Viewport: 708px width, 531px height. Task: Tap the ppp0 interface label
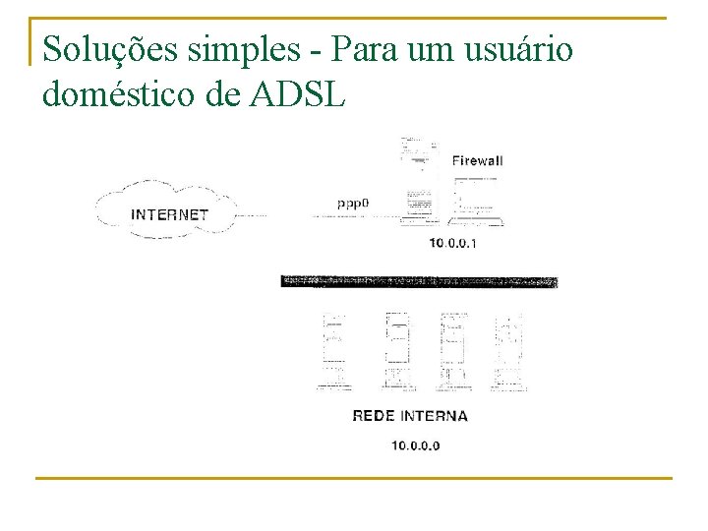(352, 204)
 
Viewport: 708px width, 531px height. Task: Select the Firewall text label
(477, 160)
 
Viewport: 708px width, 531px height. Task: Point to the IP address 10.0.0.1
(452, 243)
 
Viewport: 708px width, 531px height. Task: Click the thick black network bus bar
(419, 282)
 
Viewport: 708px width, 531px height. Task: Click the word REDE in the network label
(373, 416)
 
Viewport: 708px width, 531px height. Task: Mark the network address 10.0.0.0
(416, 445)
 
